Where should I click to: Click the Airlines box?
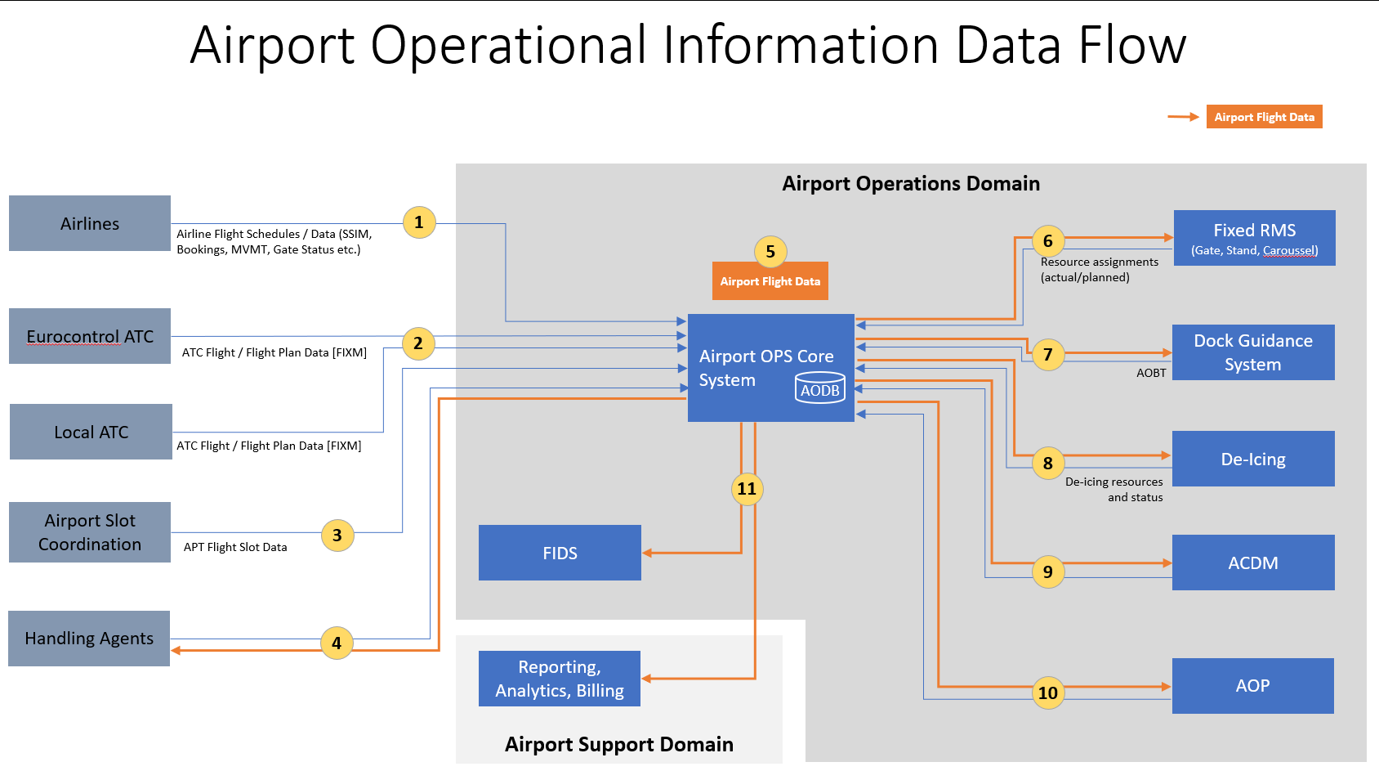pyautogui.click(x=90, y=223)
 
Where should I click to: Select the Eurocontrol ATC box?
pyautogui.click(x=90, y=336)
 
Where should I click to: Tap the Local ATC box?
pyautogui.click(x=91, y=432)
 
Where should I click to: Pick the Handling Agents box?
pyautogui.click(x=89, y=639)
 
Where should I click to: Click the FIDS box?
pyautogui.click(x=560, y=553)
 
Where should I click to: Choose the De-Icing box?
pyautogui.click(x=1253, y=459)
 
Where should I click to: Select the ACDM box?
pyautogui.click(x=1253, y=563)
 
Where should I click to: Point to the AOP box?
pyautogui.click(x=1252, y=686)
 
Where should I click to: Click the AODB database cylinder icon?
pyautogui.click(x=820, y=388)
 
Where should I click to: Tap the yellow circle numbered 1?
pyautogui.click(x=419, y=222)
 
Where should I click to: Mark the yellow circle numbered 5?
pyautogui.click(x=770, y=252)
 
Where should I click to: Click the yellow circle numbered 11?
pyautogui.click(x=747, y=489)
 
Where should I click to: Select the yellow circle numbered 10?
pyautogui.click(x=1048, y=693)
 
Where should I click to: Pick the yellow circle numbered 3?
pyautogui.click(x=337, y=536)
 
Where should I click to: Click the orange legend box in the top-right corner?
pyautogui.click(x=1264, y=117)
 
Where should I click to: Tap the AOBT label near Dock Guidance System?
pyautogui.click(x=1151, y=373)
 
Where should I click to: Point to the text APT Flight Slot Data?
pyautogui.click(x=235, y=547)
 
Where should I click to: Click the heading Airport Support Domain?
pyautogui.click(x=618, y=744)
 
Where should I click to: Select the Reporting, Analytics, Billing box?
pyautogui.click(x=560, y=679)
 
